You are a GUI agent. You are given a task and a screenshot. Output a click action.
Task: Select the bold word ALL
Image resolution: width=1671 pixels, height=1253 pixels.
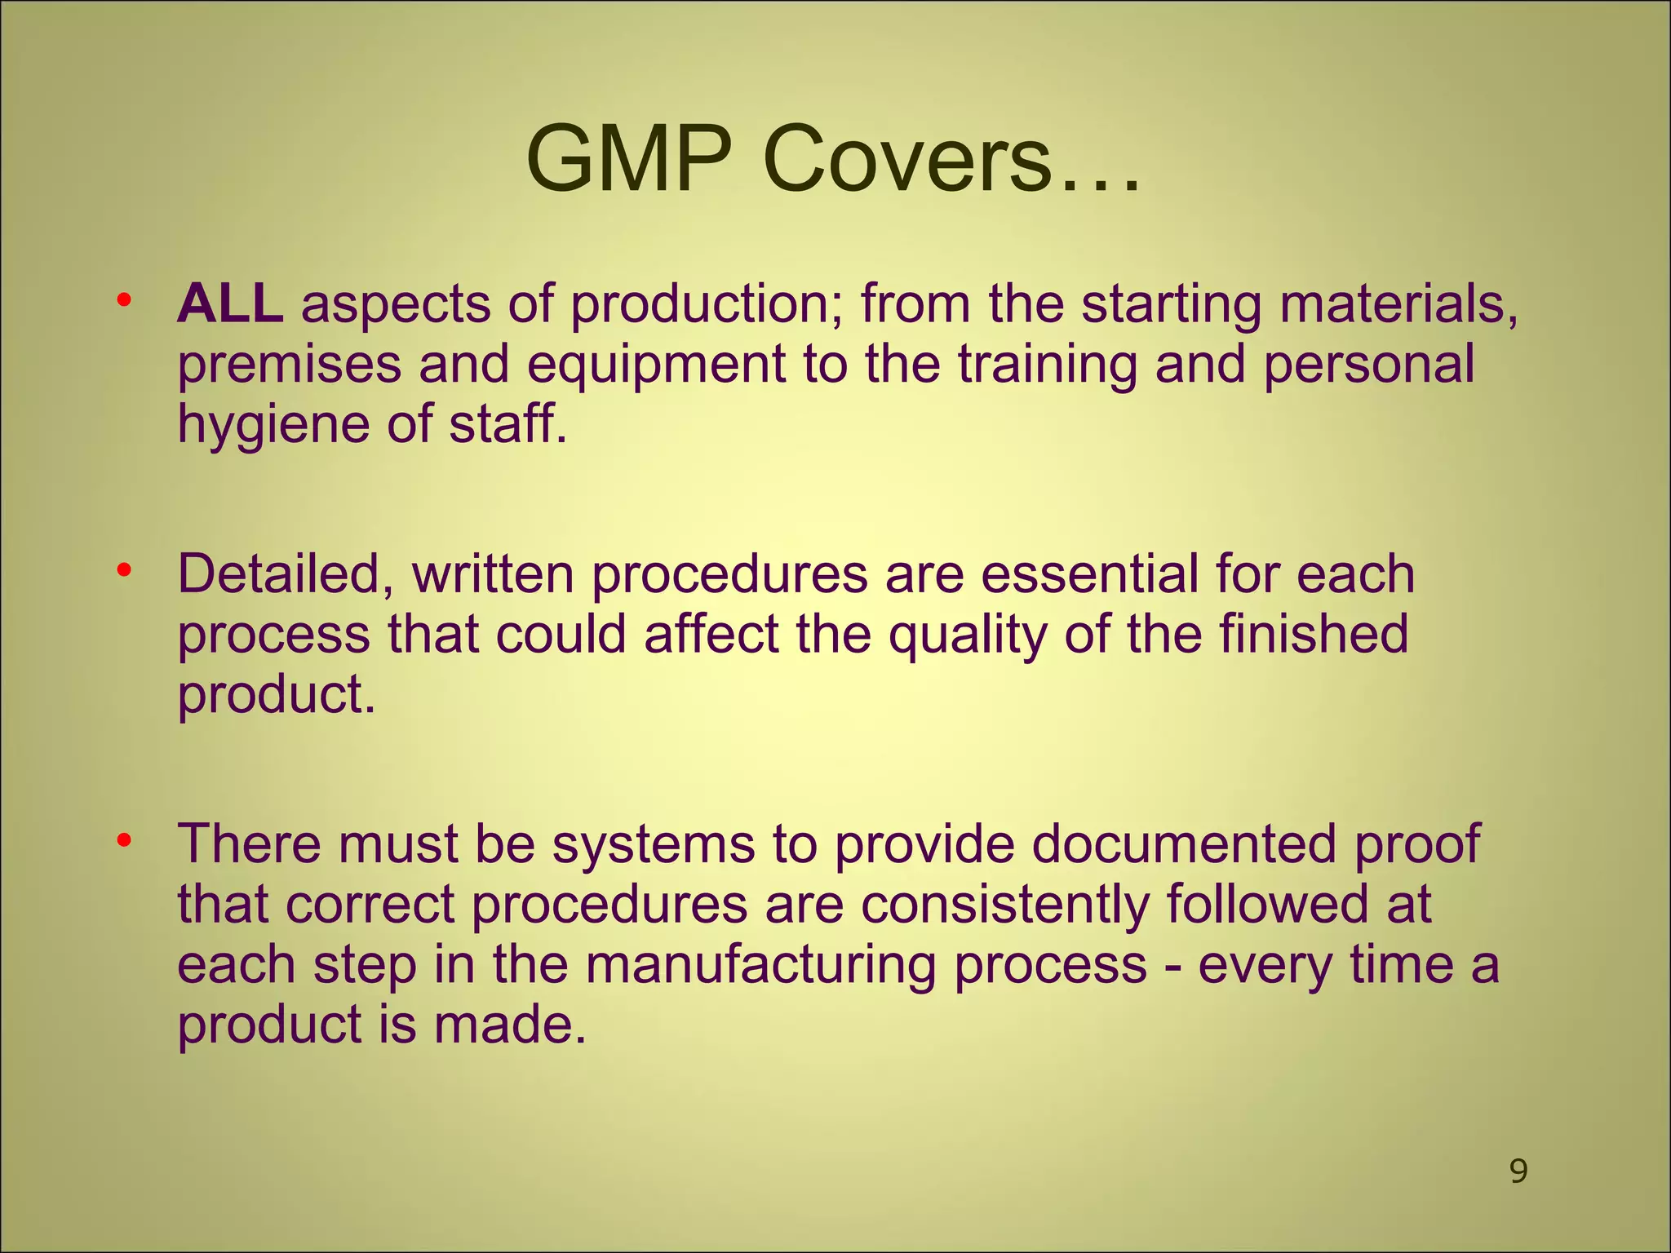[x=230, y=303]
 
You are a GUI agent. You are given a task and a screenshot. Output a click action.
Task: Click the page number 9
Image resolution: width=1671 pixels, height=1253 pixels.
[x=1518, y=1172]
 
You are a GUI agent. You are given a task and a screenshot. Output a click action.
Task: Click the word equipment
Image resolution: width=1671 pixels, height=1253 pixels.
[x=656, y=364]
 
